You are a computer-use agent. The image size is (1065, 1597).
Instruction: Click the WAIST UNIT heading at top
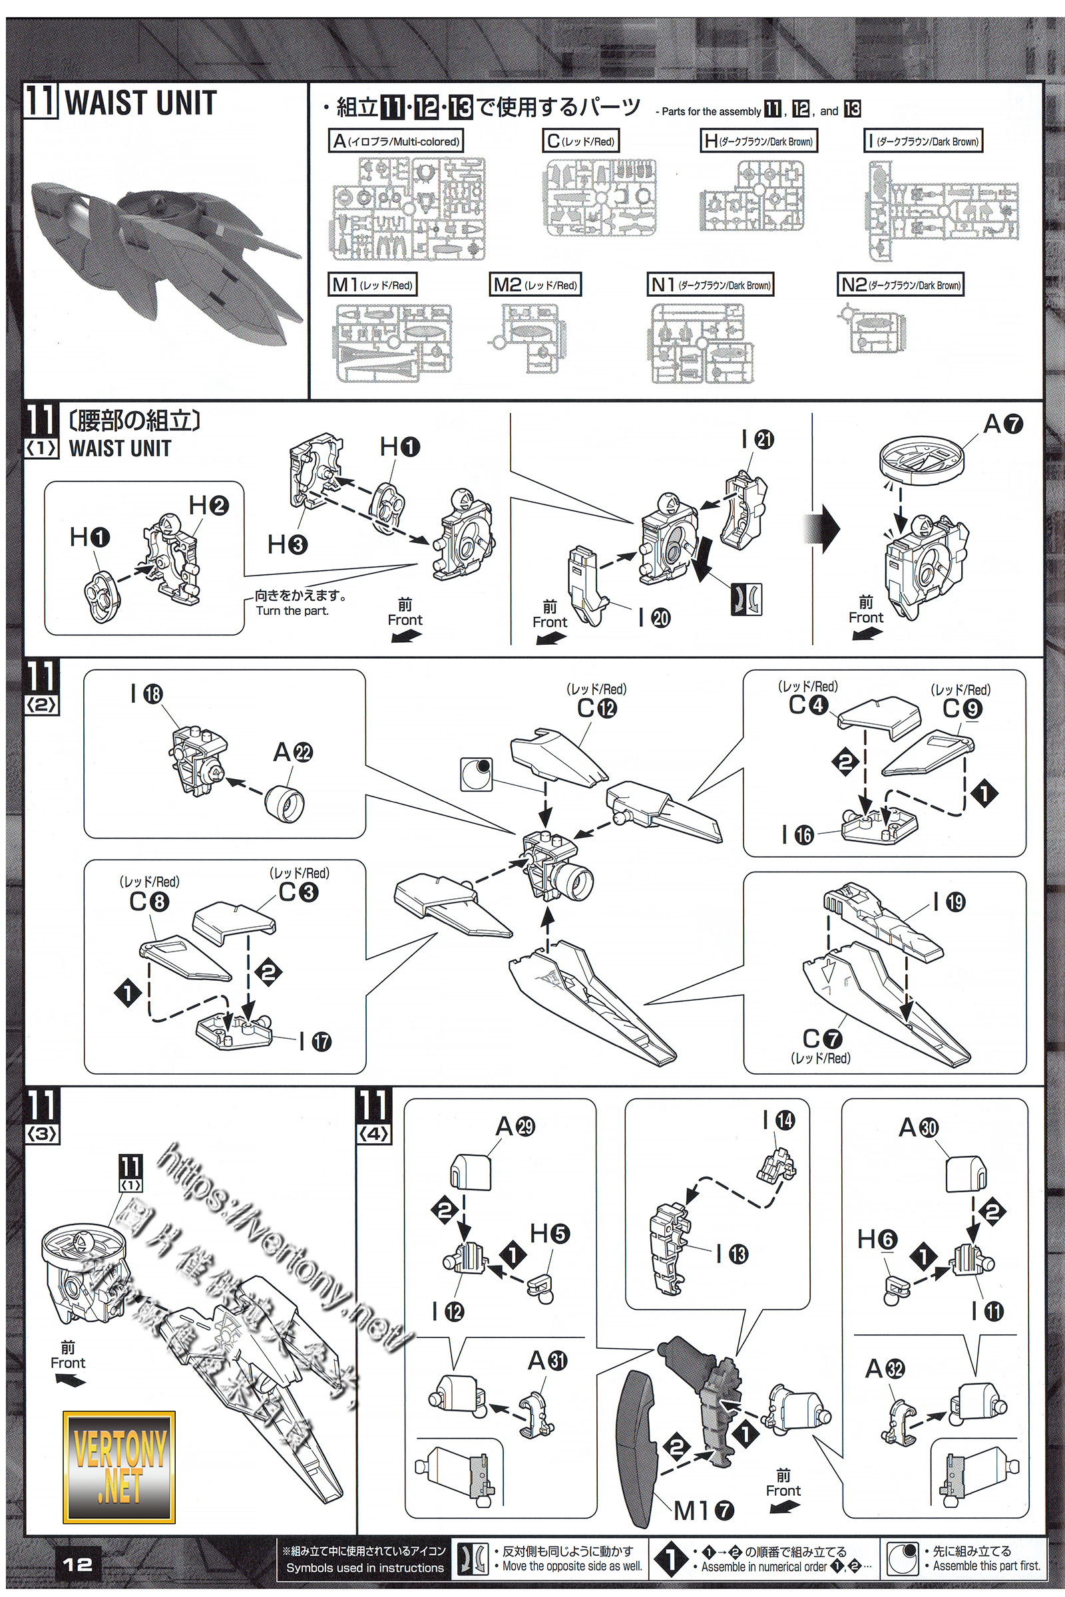(x=140, y=103)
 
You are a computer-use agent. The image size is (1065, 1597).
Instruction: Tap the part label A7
(x=1002, y=425)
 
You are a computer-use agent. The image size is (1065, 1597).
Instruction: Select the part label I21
(x=757, y=439)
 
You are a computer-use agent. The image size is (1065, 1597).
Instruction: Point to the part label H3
(x=288, y=544)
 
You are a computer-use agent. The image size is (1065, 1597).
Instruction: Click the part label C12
(x=596, y=708)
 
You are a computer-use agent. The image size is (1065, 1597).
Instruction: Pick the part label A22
(x=293, y=753)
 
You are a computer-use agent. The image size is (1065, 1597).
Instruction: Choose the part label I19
(x=950, y=902)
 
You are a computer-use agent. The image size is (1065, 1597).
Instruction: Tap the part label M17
(x=704, y=1510)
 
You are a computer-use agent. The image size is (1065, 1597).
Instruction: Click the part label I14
(x=778, y=1120)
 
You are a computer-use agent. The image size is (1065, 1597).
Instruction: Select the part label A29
(x=515, y=1127)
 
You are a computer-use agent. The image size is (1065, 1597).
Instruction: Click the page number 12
(x=77, y=1564)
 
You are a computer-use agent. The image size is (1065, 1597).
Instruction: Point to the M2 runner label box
(x=535, y=285)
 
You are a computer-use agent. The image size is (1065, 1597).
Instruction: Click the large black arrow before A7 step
(x=824, y=529)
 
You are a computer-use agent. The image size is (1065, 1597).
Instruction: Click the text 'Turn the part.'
(x=292, y=611)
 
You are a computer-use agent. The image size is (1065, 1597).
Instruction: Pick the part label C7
(x=823, y=1038)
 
